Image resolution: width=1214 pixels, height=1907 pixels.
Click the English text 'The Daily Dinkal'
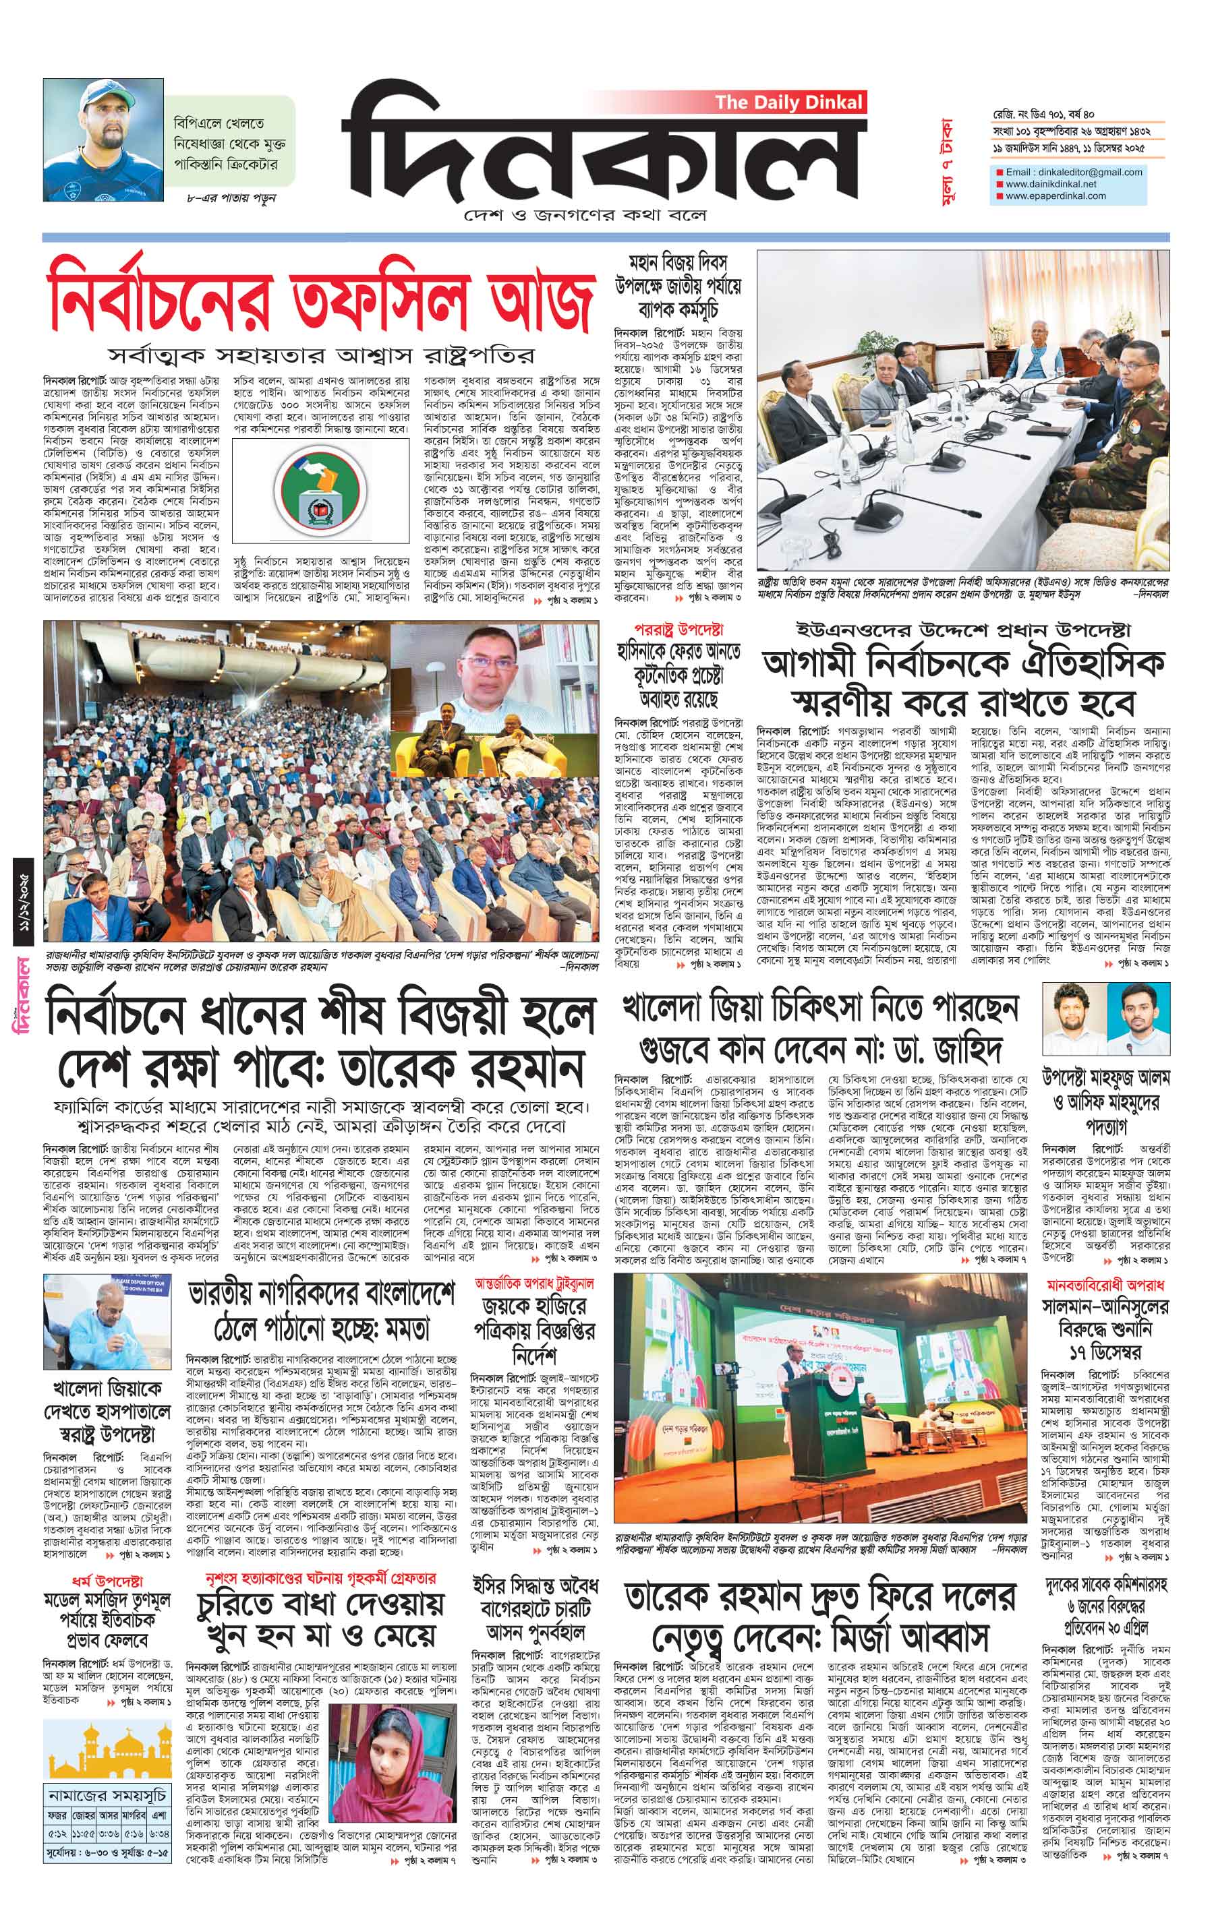(x=788, y=102)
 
